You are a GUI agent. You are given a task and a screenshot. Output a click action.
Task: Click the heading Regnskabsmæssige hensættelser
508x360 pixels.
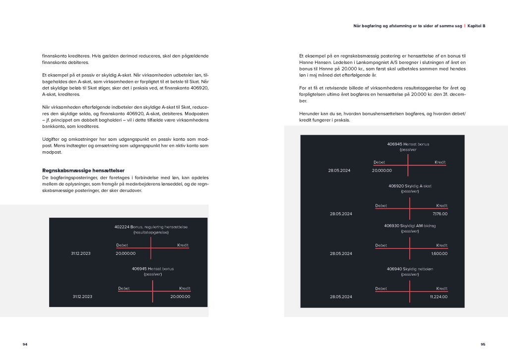click(83, 170)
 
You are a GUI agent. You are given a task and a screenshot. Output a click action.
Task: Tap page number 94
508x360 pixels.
click(25, 344)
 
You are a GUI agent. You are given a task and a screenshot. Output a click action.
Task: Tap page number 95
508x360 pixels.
click(483, 344)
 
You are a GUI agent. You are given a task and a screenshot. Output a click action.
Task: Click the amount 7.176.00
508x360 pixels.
click(440, 214)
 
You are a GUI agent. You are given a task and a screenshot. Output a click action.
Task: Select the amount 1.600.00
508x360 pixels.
click(440, 253)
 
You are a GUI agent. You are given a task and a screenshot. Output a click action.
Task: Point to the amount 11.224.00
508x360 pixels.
click(439, 297)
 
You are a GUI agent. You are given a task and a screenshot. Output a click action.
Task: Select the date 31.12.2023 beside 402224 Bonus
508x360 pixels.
click(81, 253)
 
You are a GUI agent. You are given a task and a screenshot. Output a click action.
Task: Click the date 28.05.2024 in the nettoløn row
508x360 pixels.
click(341, 297)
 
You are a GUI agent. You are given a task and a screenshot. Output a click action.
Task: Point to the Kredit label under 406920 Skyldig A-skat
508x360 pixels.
click(442, 205)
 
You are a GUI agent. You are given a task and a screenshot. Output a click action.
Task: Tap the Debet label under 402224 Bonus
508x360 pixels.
click(122, 245)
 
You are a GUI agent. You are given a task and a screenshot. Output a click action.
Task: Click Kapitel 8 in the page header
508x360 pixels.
click(477, 26)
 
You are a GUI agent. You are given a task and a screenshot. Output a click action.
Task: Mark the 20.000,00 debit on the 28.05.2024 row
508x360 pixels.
click(381, 170)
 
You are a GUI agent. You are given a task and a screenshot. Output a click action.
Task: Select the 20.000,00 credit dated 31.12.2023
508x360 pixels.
click(180, 297)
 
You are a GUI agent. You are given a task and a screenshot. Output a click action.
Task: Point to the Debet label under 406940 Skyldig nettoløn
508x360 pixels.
click(381, 289)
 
